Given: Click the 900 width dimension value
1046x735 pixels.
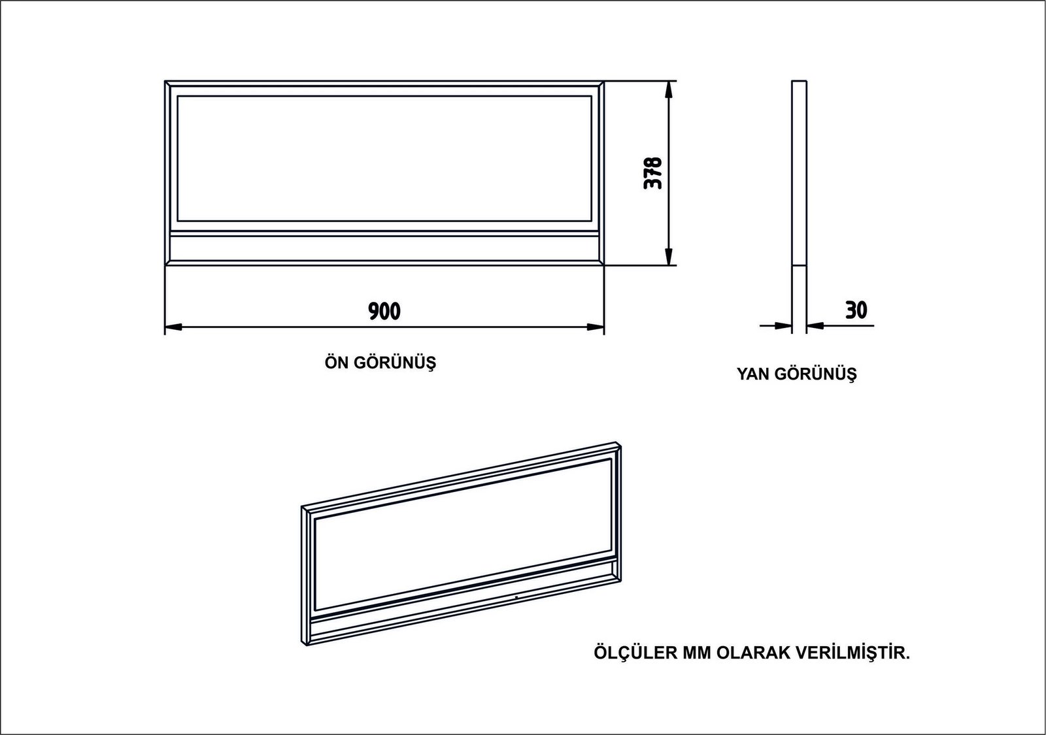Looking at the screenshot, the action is tap(384, 311).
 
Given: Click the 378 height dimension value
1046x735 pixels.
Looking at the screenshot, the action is tap(653, 173).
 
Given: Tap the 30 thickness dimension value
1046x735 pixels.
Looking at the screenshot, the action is tap(856, 310).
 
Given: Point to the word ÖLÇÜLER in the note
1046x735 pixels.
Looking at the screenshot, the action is tap(635, 653).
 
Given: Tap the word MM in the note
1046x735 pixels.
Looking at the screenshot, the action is tap(697, 653).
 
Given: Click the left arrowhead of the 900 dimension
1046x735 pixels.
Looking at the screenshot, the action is tap(173, 327).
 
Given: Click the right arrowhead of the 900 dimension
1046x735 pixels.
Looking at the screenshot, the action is tap(596, 327).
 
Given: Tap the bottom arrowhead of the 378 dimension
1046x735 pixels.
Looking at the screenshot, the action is tap(669, 256).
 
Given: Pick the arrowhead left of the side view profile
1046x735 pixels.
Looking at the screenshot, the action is tap(783, 325).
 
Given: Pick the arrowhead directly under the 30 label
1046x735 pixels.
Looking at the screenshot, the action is tap(815, 325).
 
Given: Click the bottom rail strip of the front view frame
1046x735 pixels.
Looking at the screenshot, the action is tap(384, 249).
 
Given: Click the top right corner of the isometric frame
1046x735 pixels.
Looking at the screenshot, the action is tap(620, 446).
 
